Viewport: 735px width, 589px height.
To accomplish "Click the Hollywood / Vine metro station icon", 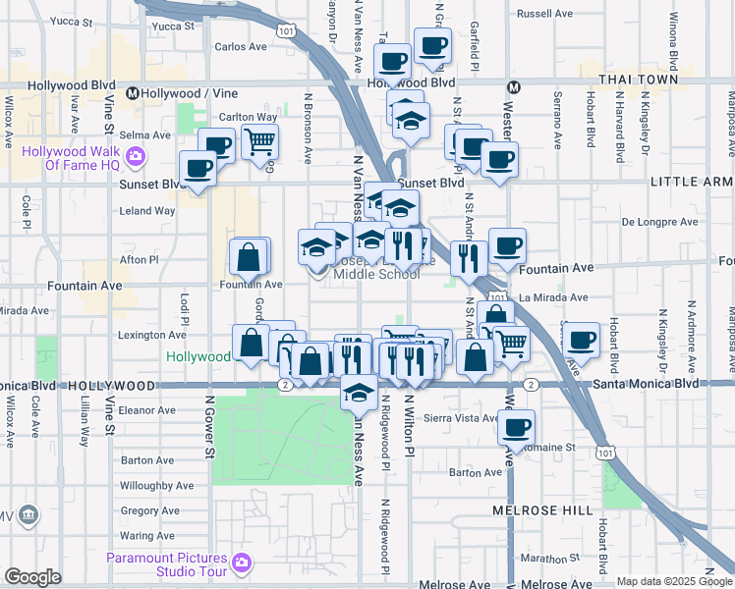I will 132,94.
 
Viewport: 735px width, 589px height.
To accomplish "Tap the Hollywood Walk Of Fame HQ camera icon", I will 136,155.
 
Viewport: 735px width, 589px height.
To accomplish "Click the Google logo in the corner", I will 32,577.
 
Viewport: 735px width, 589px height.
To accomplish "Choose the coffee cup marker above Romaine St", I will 516,428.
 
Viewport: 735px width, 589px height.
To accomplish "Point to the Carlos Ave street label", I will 241,46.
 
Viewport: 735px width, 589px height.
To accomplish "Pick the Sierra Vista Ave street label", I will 463,418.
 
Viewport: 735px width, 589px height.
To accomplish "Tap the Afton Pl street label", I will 139,260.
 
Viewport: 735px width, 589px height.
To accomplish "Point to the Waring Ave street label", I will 147,536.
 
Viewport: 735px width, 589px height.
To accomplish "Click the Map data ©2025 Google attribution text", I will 673,581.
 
